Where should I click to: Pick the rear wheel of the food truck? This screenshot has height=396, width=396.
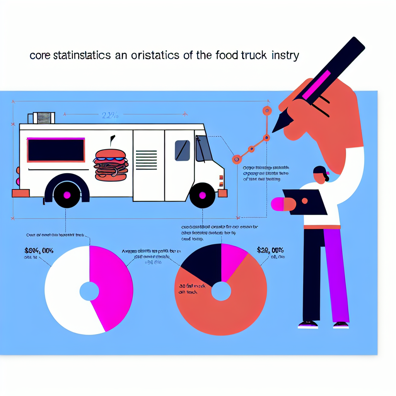(x=67, y=195)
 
